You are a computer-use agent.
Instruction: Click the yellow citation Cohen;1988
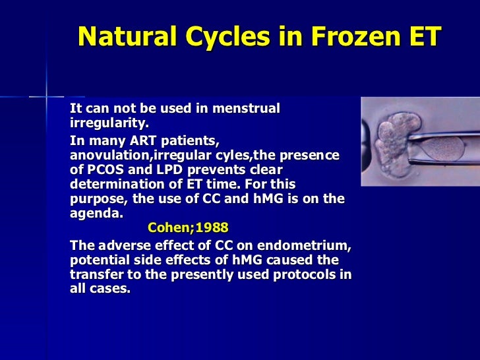click(188, 228)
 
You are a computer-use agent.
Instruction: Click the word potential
click(100, 260)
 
